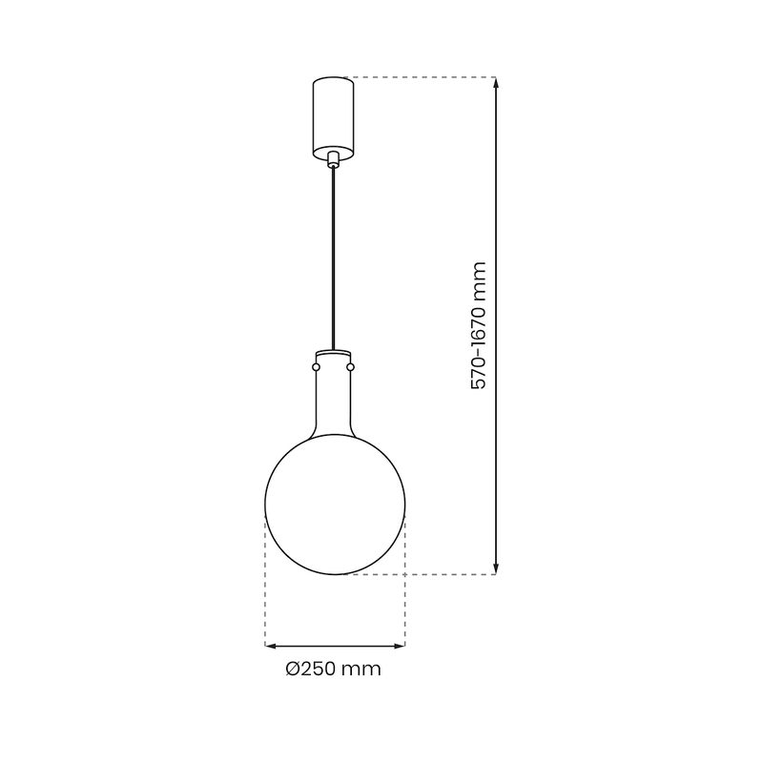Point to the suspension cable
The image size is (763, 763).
(333, 258)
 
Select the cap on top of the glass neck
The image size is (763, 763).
(333, 355)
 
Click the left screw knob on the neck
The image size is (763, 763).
(316, 366)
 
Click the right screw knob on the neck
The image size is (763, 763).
(351, 366)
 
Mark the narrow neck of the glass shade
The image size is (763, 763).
(333, 401)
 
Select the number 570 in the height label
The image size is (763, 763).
(480, 372)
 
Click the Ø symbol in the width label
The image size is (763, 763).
(294, 670)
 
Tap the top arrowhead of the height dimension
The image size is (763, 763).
(496, 82)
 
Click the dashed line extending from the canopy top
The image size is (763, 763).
(420, 76)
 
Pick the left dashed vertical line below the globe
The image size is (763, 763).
(264, 582)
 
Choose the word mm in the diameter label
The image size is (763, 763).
(363, 670)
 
